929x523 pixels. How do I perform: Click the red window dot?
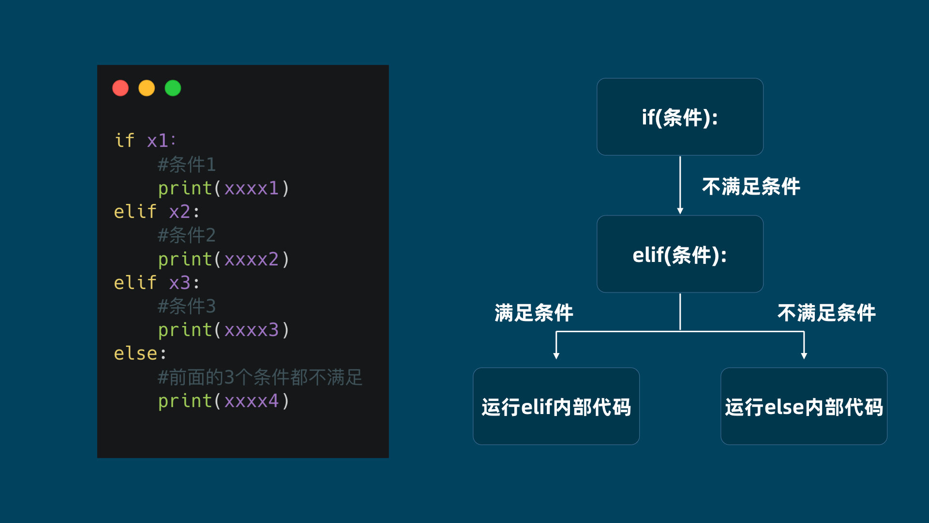(120, 88)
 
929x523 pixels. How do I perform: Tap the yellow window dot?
(147, 88)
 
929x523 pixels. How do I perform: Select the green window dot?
(173, 88)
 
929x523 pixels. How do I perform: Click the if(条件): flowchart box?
(680, 117)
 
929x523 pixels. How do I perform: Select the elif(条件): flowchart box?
(680, 254)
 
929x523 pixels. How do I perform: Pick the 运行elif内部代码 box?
(556, 406)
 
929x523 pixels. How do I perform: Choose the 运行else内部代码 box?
(804, 406)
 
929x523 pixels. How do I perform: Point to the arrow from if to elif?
(680, 185)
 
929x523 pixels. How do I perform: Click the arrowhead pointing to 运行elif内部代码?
(556, 356)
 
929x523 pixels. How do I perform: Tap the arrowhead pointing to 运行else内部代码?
(804, 356)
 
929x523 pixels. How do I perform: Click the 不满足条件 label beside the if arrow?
(751, 186)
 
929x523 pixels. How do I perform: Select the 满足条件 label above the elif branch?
(534, 313)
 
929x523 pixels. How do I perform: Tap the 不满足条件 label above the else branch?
(826, 313)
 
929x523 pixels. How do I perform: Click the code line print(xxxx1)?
(224, 188)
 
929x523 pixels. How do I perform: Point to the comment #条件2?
(187, 235)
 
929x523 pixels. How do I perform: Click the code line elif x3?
(156, 282)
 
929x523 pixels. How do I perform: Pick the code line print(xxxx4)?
(224, 401)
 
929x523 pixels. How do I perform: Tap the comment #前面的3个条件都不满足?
(260, 377)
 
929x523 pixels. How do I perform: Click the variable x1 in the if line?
(157, 140)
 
